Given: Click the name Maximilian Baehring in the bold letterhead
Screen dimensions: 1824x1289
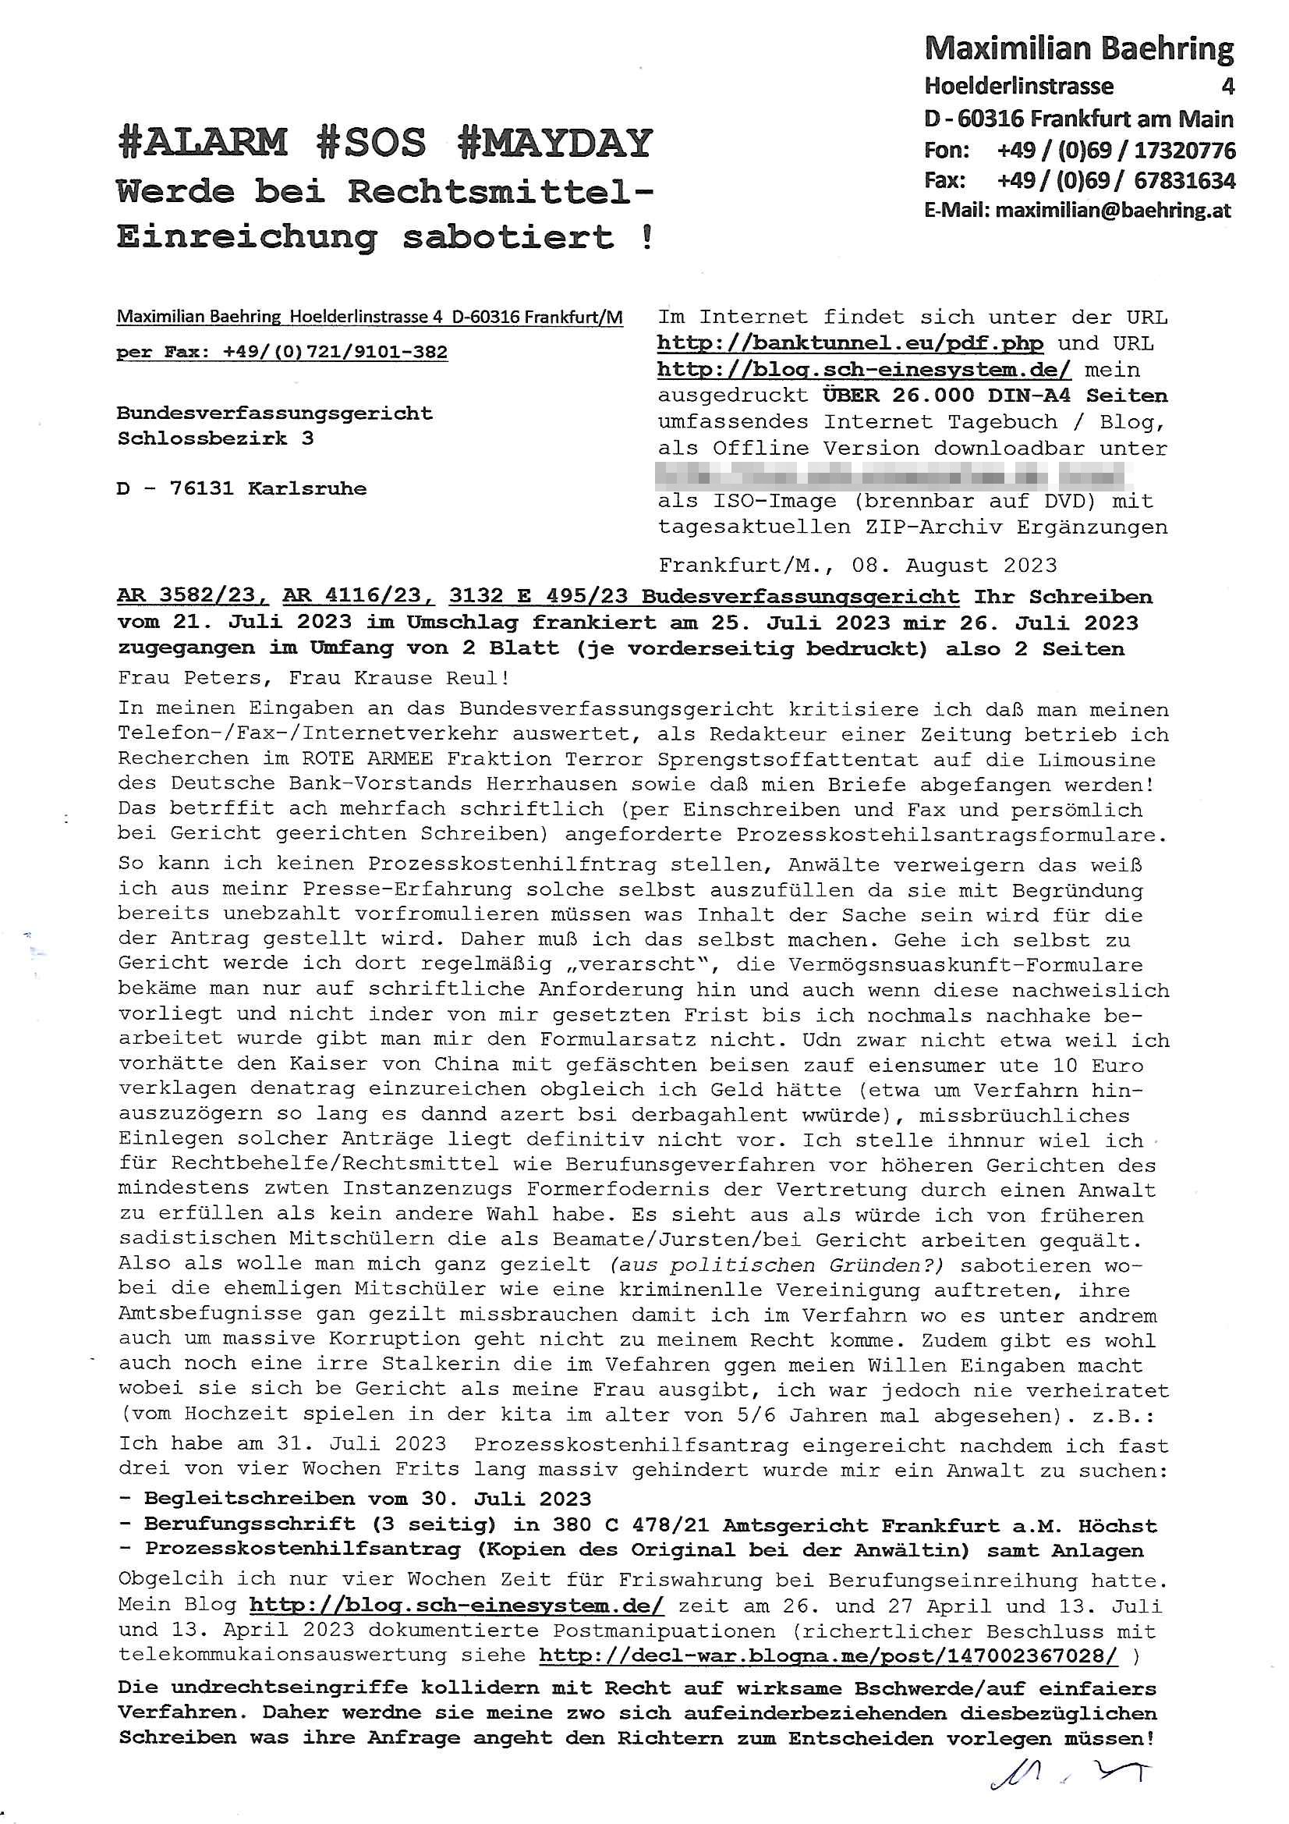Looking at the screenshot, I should click(1078, 50).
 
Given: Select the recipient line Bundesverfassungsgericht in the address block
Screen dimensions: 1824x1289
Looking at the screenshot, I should click(274, 413).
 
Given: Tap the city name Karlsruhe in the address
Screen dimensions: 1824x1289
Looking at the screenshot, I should click(307, 488).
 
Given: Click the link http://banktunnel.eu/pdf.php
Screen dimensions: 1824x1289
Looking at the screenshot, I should click(850, 344).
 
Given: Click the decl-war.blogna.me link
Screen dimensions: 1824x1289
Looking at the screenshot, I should click(828, 1655).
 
